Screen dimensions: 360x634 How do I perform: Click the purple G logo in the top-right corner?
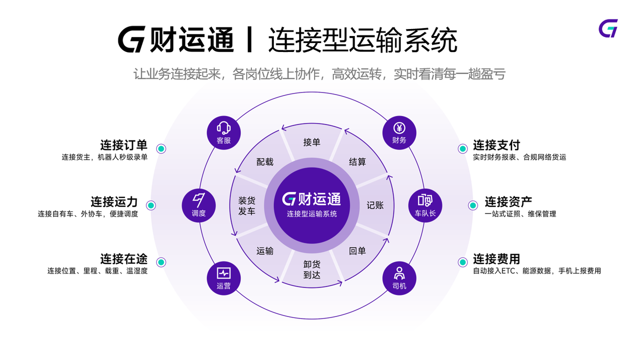608,28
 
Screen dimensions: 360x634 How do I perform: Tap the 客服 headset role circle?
224,133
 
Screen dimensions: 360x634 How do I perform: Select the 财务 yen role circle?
399,133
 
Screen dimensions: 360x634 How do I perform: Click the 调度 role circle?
198,205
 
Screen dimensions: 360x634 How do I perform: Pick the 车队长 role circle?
425,205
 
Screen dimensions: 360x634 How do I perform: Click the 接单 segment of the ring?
312,142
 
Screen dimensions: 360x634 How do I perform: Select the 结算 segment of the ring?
357,161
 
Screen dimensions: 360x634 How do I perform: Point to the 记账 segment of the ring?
375,205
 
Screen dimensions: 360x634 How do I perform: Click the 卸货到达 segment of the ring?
312,269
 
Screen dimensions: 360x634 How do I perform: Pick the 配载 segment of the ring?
265,161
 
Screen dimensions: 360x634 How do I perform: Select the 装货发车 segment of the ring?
247,205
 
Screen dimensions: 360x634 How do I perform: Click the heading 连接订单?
124,145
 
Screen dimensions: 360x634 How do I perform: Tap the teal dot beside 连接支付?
462,148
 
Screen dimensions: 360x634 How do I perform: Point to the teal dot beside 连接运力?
151,205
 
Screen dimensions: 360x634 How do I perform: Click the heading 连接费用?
496,259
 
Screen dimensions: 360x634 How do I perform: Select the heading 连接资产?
508,202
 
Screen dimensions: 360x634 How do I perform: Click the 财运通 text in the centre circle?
319,199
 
